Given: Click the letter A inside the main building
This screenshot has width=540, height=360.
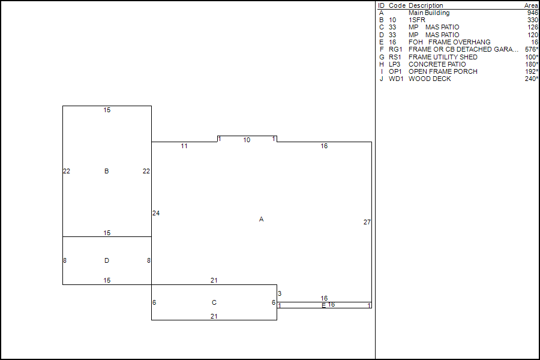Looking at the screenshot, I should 261,220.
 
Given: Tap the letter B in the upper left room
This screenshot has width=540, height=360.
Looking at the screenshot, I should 106,172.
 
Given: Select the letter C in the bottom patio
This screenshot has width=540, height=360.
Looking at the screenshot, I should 214,303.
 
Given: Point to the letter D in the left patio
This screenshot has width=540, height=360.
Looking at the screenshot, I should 106,260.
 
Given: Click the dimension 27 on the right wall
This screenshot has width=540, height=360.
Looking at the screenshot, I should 367,223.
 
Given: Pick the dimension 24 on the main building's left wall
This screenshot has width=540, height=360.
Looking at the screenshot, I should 156,214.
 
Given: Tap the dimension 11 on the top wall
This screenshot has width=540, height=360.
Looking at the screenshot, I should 184,146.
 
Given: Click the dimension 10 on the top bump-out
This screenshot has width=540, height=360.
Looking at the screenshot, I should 247,140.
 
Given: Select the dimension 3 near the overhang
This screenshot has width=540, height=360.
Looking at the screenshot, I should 280,293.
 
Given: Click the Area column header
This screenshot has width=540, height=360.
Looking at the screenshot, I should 531,5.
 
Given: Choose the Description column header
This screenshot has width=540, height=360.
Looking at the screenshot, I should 426,5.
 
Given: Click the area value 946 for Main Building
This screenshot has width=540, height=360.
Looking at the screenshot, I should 532,13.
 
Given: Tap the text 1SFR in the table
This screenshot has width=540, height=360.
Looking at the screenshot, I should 416,20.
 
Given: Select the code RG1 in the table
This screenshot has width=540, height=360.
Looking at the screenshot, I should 396,50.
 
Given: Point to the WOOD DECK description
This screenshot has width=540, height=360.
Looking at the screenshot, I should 430,79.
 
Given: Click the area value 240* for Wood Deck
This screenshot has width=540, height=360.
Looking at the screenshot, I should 531,79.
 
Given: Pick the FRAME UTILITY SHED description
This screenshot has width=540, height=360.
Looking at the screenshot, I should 443,57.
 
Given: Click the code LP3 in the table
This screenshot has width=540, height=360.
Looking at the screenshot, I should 395,64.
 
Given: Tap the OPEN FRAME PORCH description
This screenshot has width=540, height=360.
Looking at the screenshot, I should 443,71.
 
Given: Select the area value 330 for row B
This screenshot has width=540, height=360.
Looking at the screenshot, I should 532,20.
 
